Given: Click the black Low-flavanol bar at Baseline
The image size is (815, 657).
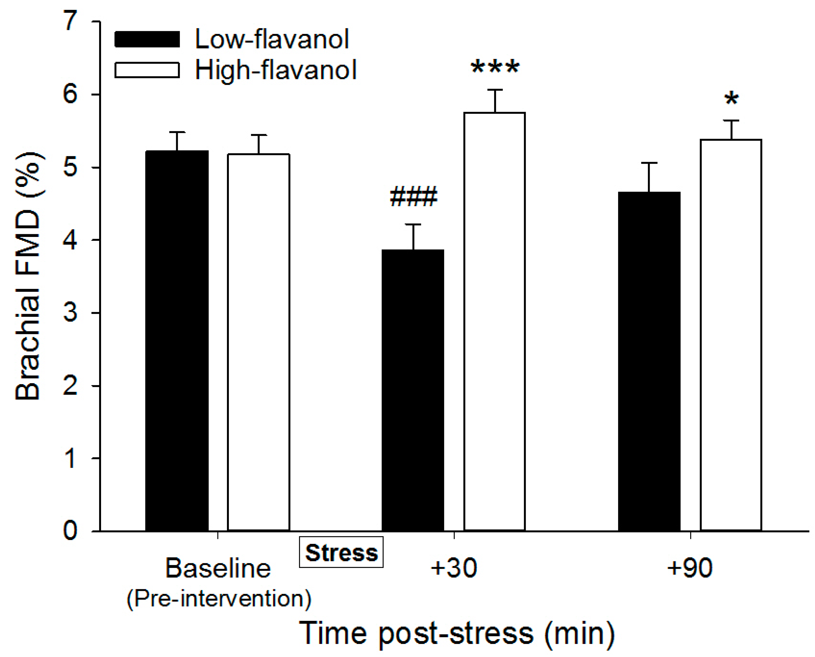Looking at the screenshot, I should (x=177, y=341).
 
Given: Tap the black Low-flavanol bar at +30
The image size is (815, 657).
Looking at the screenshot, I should (x=413, y=390).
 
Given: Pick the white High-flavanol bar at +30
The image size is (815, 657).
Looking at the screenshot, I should (x=494, y=322).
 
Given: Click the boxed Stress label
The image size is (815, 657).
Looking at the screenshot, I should (x=341, y=553).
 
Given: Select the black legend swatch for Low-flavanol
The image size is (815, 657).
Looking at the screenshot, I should (x=147, y=39).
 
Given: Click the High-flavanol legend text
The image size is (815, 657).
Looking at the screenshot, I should (x=276, y=71).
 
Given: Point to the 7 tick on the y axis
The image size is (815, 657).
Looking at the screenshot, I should (x=70, y=21).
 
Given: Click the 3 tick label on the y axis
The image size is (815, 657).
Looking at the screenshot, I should (x=70, y=313).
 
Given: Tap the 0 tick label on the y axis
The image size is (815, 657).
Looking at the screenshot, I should (x=70, y=530).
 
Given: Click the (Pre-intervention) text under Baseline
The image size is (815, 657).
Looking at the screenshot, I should (x=218, y=599).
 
